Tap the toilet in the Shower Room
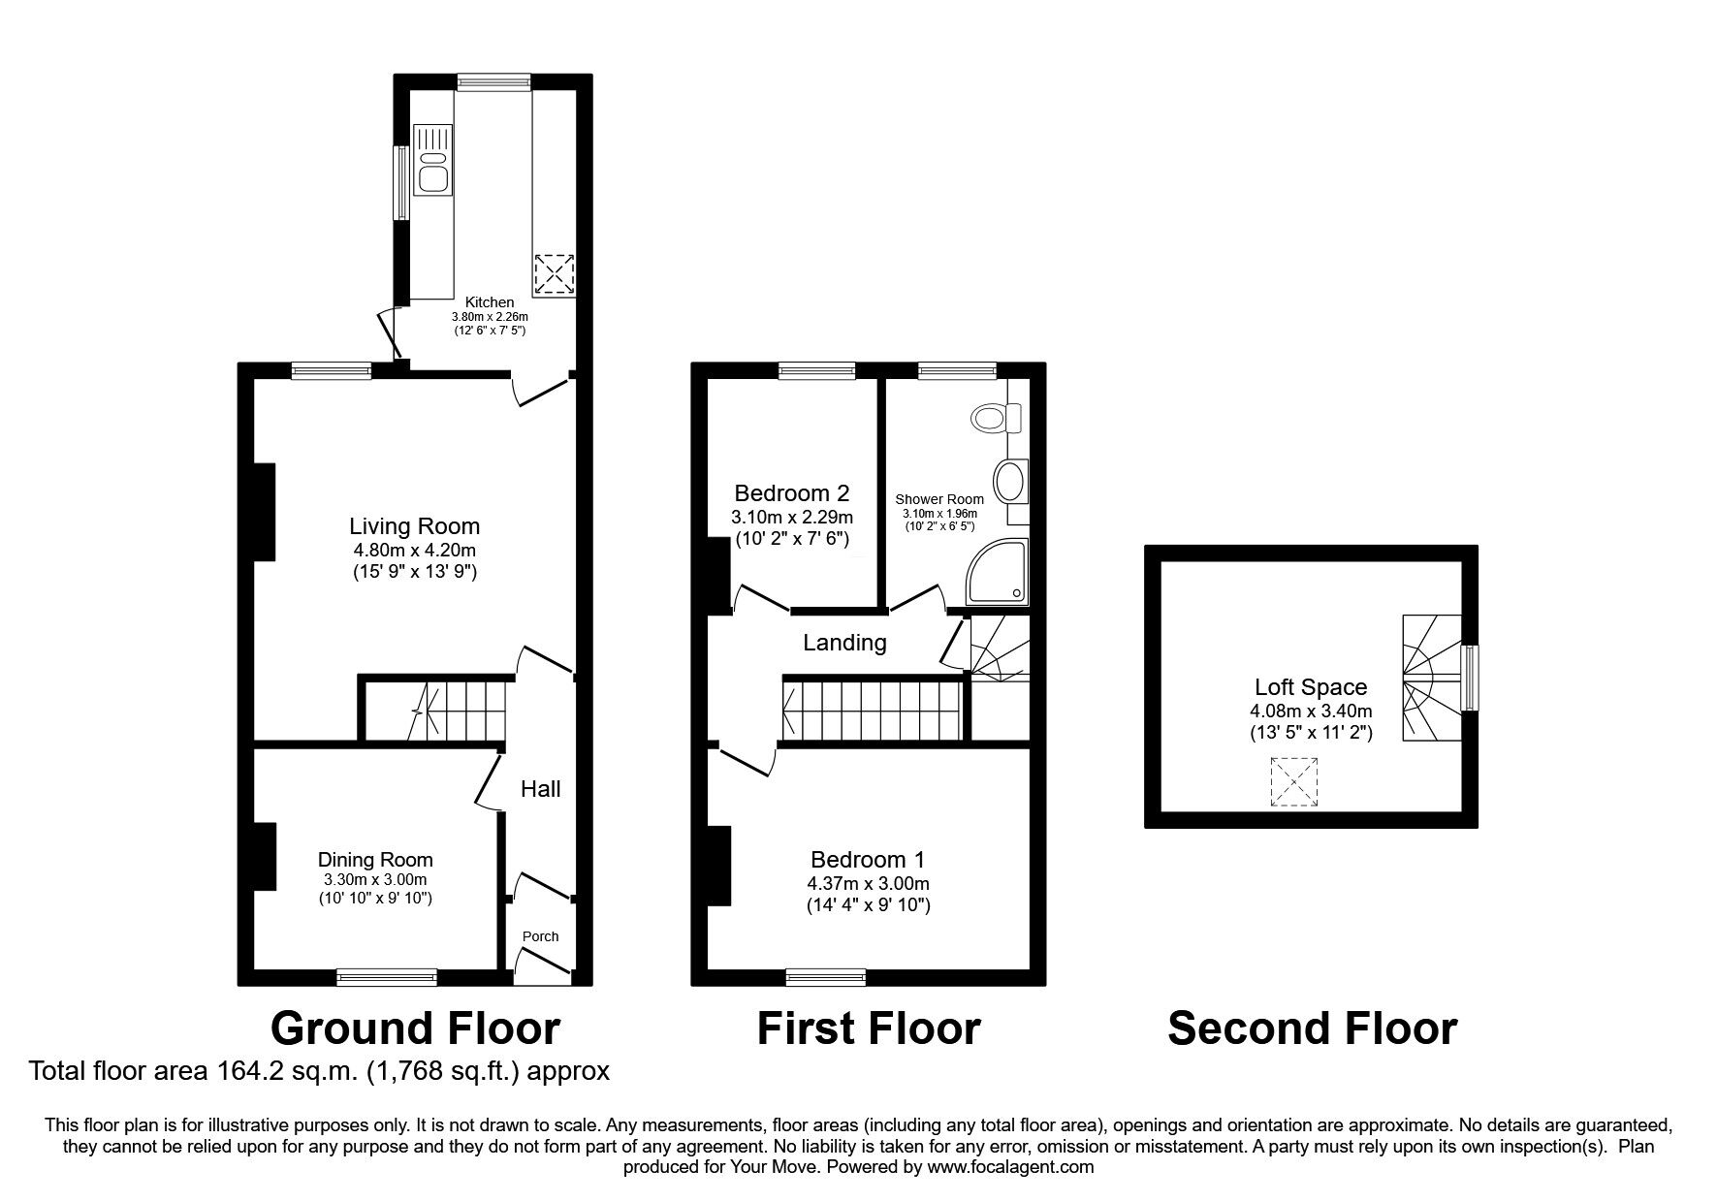[998, 418]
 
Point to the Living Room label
[415, 526]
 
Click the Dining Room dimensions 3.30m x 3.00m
[375, 880]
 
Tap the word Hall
[541, 789]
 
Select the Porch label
[541, 936]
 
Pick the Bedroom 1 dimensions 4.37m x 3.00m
[869, 884]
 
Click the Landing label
[844, 643]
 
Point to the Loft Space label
[1311, 687]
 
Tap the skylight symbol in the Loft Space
[1294, 783]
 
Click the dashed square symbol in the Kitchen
[555, 274]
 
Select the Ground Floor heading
[415, 1028]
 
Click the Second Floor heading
[1313, 1028]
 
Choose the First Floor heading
[869, 1028]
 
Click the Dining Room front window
[387, 977]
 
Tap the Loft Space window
[1470, 678]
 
